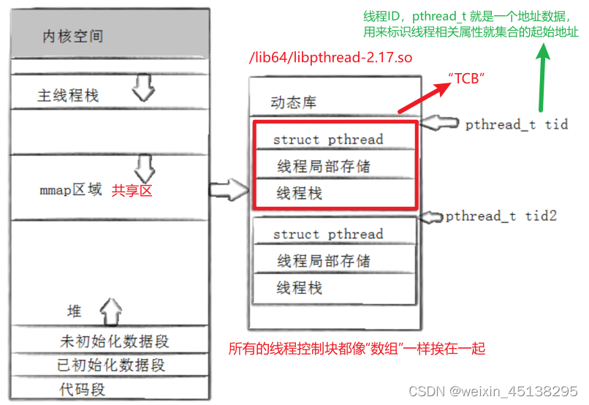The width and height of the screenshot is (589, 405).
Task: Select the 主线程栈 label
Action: coord(68,95)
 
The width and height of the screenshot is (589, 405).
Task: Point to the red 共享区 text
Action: coord(132,191)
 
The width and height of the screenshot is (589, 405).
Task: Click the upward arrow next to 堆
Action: coord(110,311)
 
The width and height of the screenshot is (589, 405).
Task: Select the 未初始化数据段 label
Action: coord(114,341)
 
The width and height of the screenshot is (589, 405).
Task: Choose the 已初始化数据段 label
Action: coord(112,365)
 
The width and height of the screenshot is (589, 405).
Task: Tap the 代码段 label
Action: coord(82,389)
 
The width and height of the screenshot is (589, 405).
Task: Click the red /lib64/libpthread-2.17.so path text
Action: coord(331,58)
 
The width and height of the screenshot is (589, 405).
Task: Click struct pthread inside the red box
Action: coord(327,139)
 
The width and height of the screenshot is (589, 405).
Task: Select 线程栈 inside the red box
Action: coord(300,194)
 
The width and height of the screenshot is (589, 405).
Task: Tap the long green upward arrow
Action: coord(541,80)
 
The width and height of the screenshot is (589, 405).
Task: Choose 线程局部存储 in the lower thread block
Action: coord(324,261)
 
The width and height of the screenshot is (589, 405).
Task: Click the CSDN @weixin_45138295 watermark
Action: coord(493,392)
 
